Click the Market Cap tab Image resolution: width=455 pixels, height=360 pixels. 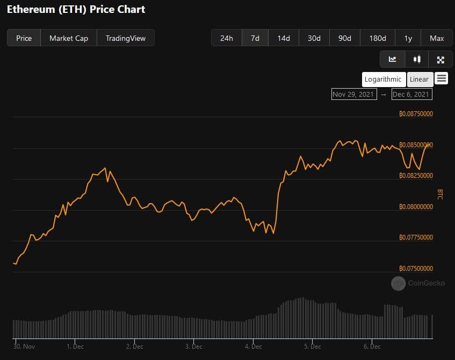pos(69,38)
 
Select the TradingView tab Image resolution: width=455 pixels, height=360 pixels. pos(126,38)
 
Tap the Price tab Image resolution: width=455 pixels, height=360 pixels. pos(24,38)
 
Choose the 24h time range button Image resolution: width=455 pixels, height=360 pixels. pos(227,38)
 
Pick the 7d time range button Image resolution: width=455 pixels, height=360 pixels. pos(255,38)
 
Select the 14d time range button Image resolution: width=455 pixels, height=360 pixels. pos(284,38)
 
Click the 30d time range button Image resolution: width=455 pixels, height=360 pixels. pos(314,38)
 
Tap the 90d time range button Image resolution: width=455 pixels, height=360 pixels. pos(345,38)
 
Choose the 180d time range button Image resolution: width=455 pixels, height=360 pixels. pos(378,38)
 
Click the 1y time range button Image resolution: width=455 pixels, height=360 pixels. pos(408,38)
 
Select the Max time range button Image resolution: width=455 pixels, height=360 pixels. pos(437,38)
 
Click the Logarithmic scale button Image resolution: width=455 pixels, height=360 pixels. pos(383,79)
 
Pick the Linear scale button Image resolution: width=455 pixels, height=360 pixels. pos(420,79)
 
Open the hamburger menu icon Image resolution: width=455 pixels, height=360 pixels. pos(442,78)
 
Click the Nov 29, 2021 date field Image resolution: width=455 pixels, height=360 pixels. pos(353,94)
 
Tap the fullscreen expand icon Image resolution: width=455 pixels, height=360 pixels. pos(440,60)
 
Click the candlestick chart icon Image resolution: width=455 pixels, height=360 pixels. pos(417,60)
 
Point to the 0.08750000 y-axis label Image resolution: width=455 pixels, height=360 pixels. pos(416,114)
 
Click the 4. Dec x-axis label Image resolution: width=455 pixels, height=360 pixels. pos(253,347)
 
